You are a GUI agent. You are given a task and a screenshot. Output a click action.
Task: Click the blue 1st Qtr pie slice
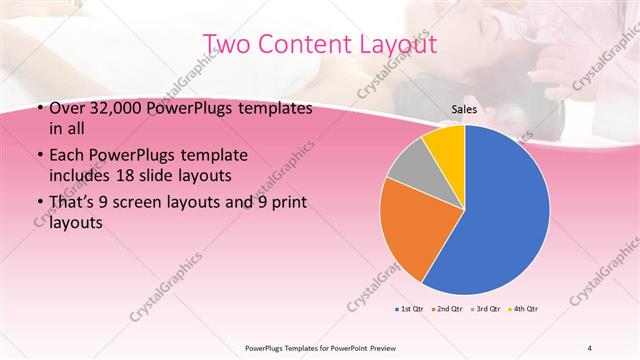(x=500, y=210)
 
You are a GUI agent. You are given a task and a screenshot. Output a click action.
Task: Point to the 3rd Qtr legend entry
(x=486, y=308)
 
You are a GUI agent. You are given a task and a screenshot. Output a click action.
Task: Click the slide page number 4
(x=589, y=347)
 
